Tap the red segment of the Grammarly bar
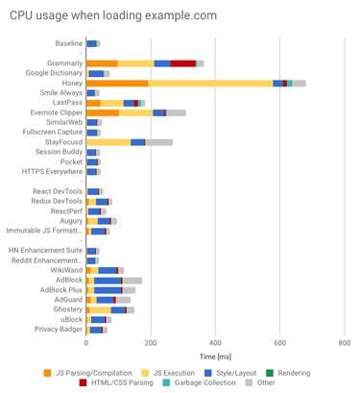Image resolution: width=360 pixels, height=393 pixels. click(182, 62)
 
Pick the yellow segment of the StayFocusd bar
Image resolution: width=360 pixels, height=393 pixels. click(108, 142)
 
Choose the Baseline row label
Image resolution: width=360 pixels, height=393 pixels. click(66, 43)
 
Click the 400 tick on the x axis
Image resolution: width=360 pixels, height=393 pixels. click(215, 342)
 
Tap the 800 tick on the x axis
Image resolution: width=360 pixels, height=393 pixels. click(345, 342)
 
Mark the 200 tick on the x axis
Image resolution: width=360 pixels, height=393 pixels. click(151, 342)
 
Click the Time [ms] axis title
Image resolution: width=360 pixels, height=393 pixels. click(215, 355)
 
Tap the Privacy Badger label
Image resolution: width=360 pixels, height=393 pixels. click(58, 329)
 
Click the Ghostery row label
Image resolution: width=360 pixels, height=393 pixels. click(66, 309)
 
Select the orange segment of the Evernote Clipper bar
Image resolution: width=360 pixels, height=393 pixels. click(103, 112)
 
